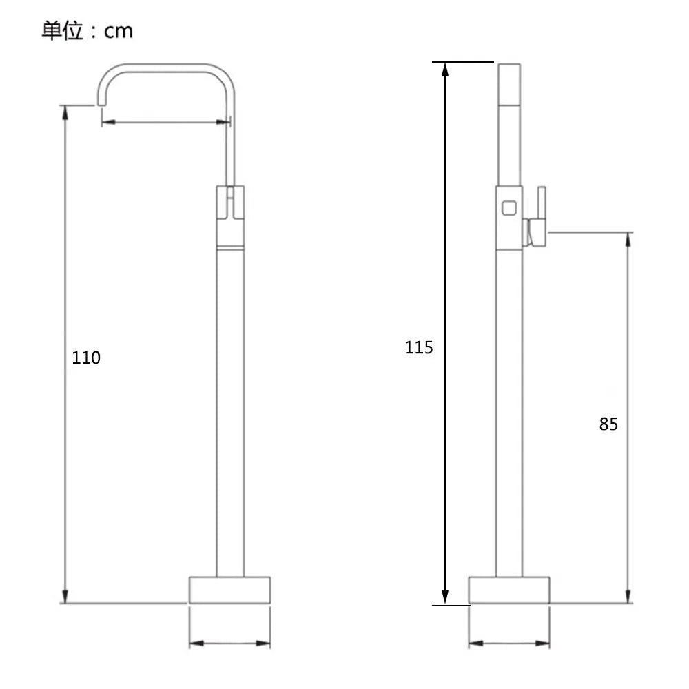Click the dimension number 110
coord(86,358)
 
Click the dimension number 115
coord(419,347)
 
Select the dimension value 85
coord(608,424)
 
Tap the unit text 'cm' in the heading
coord(119,32)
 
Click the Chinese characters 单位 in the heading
coord(63,31)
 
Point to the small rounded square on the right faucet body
coord(509,208)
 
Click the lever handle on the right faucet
coord(537,216)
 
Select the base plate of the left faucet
coord(230,590)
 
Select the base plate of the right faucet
coord(509,590)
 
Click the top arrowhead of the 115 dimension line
coord(444,69)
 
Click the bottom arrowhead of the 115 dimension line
coord(444,597)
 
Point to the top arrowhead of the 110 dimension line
coord(65,112)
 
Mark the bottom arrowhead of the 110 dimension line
coord(65,596)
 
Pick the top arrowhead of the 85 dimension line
coord(628,239)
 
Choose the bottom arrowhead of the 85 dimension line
coord(628,596)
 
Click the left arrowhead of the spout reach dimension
coord(109,122)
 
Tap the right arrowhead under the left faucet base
coord(263,644)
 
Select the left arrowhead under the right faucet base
coord(476,644)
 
